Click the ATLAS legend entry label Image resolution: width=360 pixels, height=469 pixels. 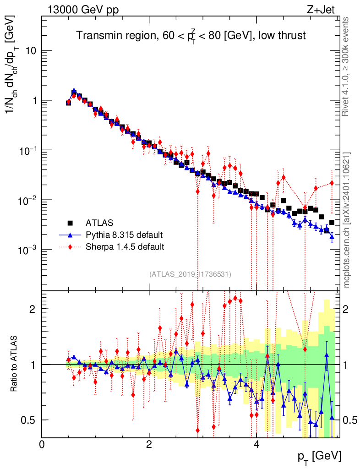coord(99,223)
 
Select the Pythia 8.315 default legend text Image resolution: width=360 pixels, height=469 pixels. coord(124,235)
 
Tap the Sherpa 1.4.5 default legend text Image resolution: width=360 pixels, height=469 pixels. coord(125,247)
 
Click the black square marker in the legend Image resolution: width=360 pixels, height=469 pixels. coord(70,223)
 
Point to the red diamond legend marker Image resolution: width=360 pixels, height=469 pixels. coord(70,247)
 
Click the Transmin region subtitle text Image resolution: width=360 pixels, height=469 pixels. coord(191,35)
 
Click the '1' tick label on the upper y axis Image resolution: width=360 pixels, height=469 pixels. coord(33,101)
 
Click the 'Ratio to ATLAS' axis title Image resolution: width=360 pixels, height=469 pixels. coord(15,364)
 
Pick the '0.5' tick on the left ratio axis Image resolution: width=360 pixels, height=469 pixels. coord(29,420)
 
